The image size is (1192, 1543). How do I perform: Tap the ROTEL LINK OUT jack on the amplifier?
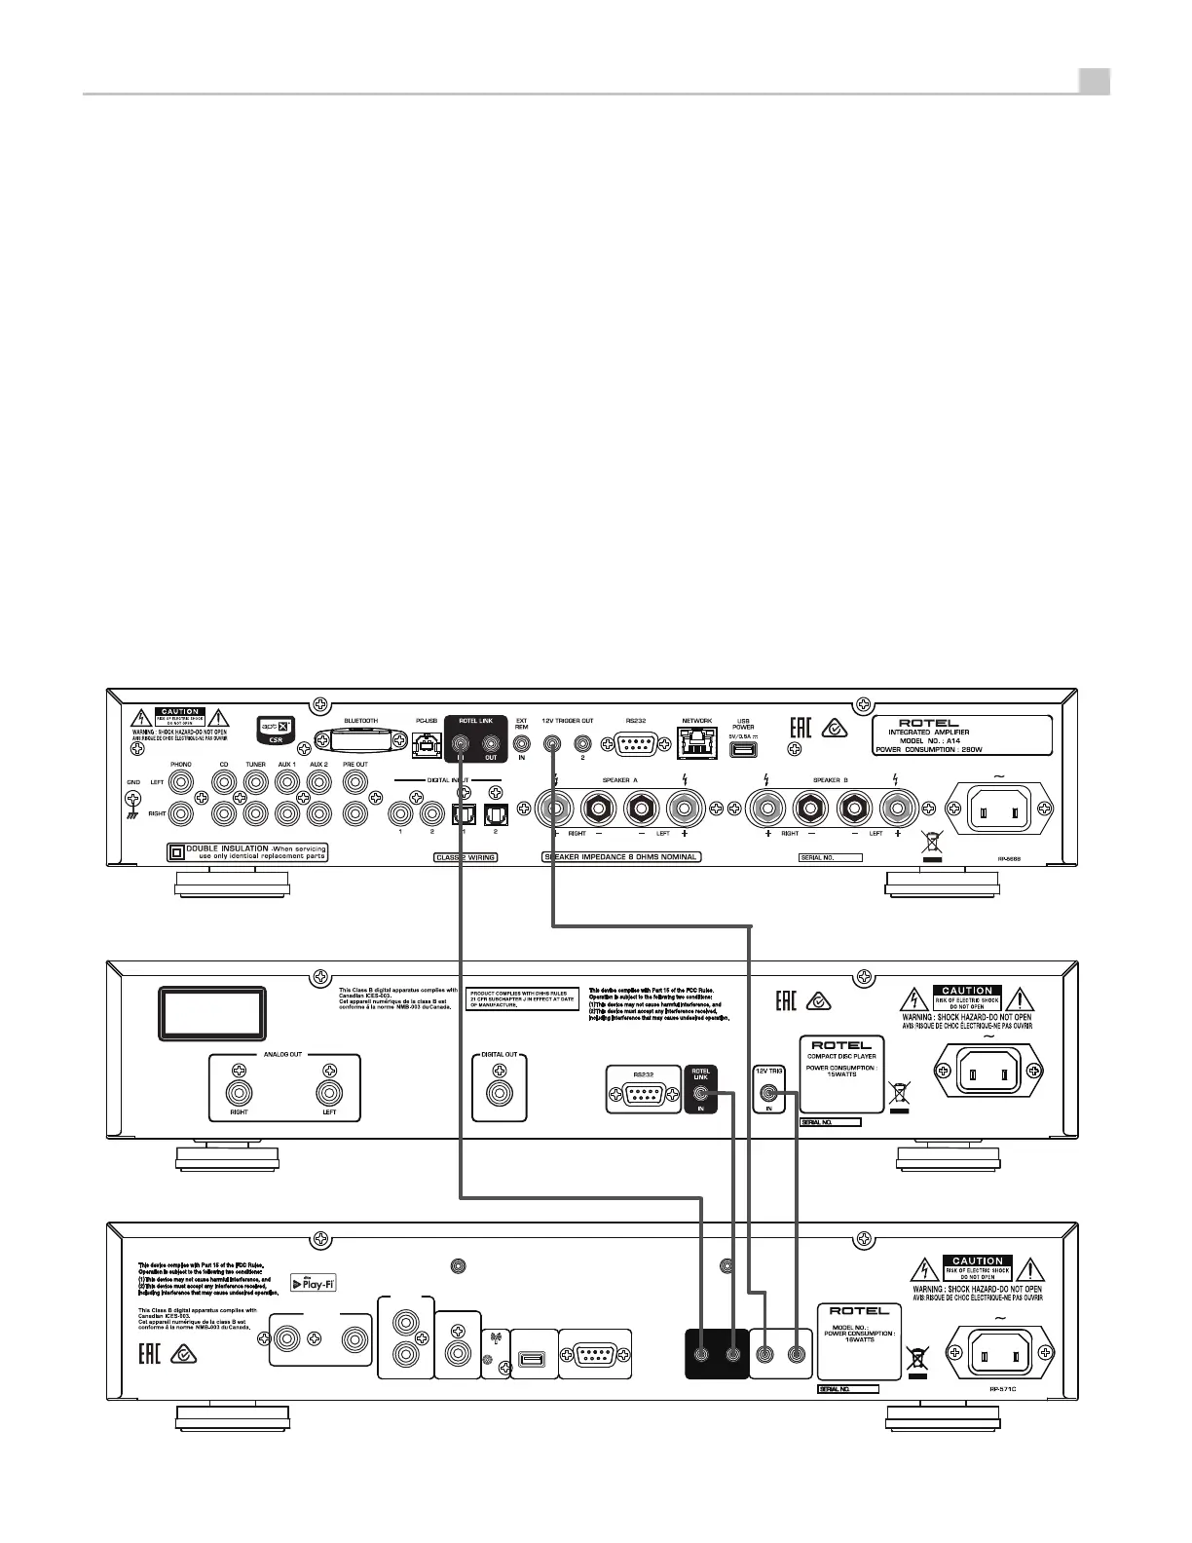491,742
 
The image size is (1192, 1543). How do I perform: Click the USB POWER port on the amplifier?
743,749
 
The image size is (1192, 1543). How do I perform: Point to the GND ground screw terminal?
133,795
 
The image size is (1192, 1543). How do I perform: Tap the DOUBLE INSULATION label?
247,852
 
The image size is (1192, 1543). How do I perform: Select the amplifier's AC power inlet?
995,808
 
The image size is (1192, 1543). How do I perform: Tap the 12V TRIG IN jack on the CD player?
769,1094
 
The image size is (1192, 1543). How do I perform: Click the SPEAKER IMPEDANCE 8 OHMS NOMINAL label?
621,857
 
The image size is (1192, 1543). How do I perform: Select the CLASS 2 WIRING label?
465,857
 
